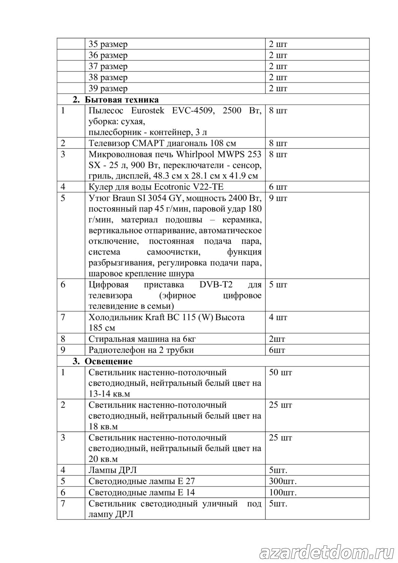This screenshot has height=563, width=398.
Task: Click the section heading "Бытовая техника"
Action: coord(121,99)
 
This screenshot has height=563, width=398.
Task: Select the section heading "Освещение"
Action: coord(108,361)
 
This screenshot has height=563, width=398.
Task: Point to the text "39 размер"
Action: coord(108,89)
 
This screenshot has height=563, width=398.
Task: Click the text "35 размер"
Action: coord(108,44)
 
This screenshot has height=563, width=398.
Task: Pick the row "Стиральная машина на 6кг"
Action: coord(142,339)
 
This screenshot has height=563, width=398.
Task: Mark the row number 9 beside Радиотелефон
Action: coord(63,350)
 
